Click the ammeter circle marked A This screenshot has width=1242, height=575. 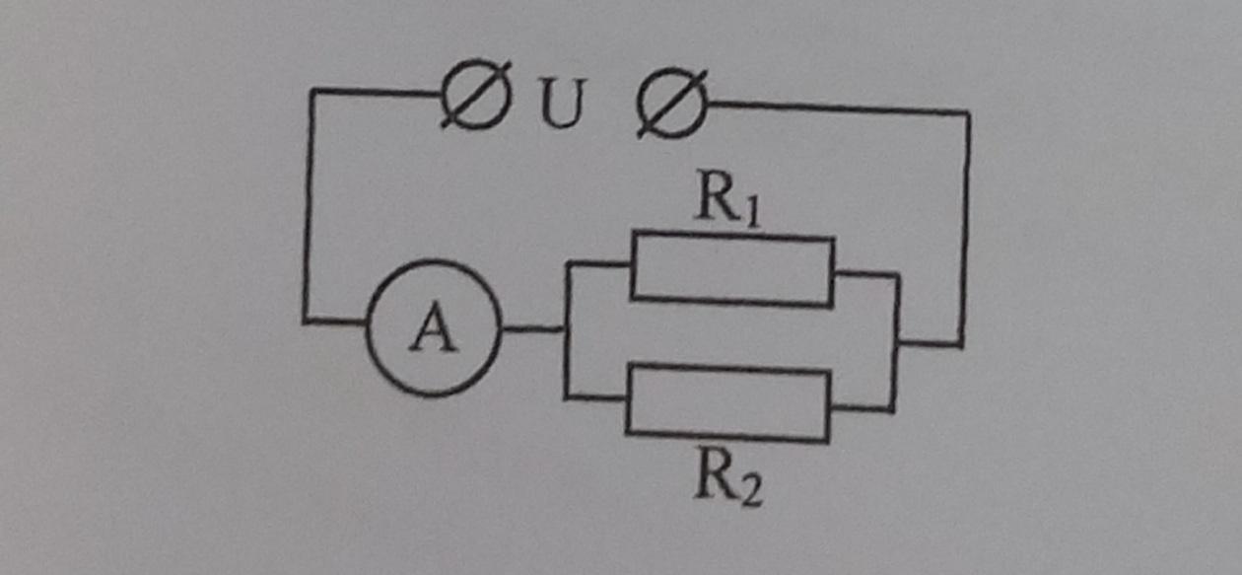[x=367, y=328]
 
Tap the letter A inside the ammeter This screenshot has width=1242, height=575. [x=434, y=327]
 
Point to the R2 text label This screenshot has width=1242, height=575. [x=727, y=477]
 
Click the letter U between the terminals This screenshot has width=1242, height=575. [x=561, y=104]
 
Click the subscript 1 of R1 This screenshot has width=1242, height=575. [x=752, y=211]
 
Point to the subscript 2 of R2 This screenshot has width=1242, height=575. [x=752, y=490]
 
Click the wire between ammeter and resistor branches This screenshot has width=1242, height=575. [x=533, y=329]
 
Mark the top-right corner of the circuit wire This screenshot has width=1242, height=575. [x=967, y=113]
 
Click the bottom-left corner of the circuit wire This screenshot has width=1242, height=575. [x=305, y=321]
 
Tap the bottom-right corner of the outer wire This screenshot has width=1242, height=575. [x=960, y=345]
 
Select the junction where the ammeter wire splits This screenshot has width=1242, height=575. [x=566, y=329]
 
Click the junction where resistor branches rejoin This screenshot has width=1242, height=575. [x=896, y=342]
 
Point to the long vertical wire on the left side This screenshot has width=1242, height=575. [x=309, y=205]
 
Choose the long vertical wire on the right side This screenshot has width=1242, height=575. [x=965, y=229]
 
